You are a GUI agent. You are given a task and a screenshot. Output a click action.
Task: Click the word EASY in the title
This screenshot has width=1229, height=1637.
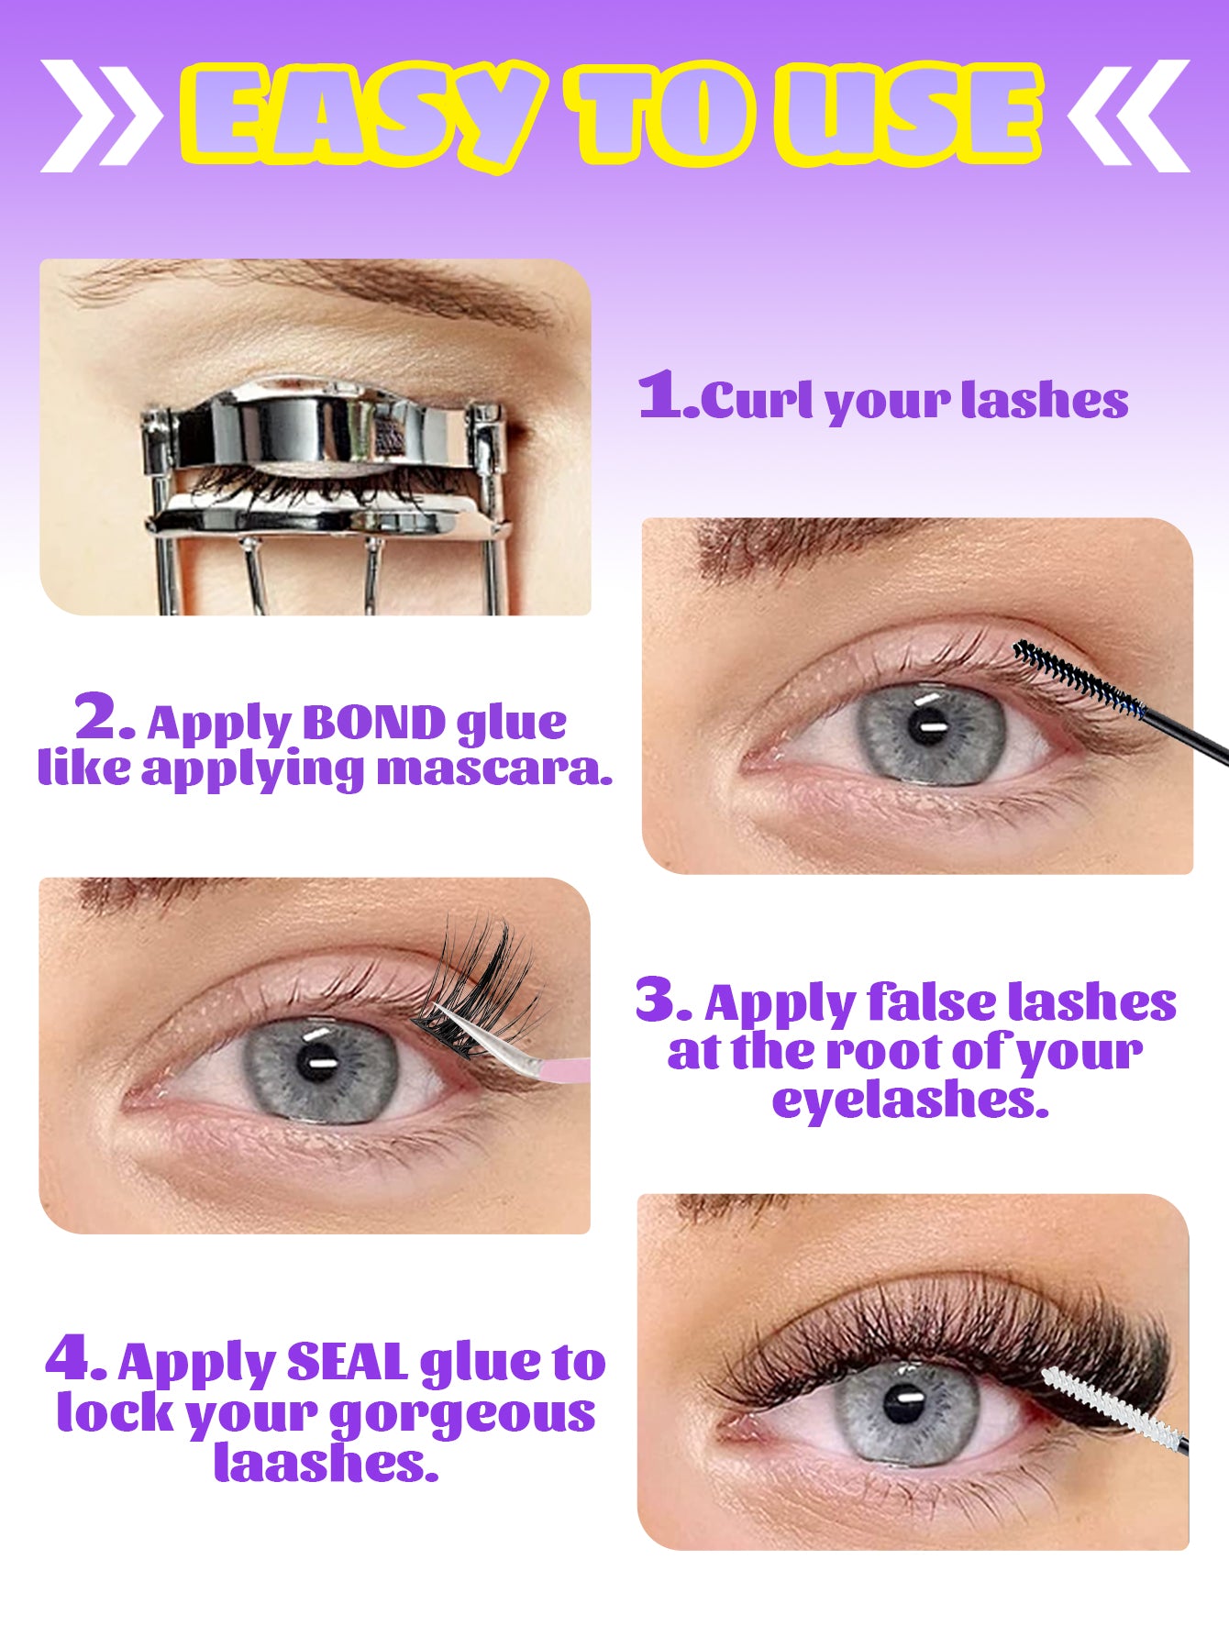[x=358, y=115]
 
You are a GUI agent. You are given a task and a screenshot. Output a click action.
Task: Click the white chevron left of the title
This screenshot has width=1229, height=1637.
[x=99, y=116]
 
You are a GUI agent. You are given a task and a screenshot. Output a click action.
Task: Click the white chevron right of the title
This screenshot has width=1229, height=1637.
[x=1130, y=116]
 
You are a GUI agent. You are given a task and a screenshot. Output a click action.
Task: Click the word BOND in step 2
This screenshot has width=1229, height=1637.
[x=373, y=724]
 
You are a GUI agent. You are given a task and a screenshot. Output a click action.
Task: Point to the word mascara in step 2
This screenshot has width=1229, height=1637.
[x=494, y=769]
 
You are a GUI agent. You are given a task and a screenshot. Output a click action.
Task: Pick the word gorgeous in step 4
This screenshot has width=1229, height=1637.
[x=462, y=1413]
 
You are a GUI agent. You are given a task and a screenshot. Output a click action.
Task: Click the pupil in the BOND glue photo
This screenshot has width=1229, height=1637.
[x=928, y=727]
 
